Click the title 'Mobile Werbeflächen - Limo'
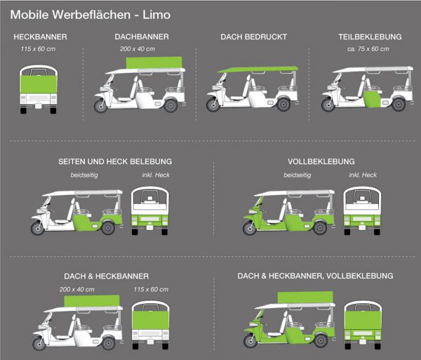point(91,15)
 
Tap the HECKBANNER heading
point(40,36)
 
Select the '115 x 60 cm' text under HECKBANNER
point(38,49)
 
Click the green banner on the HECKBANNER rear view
point(39,84)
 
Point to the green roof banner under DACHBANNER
point(154,62)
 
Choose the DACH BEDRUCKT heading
point(254,36)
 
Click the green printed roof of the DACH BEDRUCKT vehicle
point(258,69)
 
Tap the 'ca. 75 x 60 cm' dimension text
point(368,49)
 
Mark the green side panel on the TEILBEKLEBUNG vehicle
point(373,99)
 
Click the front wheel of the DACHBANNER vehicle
point(100,106)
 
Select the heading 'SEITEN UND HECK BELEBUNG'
point(115,161)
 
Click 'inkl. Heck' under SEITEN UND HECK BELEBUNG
point(156,175)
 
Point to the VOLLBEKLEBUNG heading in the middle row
point(321,161)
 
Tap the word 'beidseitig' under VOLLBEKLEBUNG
point(298,175)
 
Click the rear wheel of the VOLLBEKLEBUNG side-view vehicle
point(320,228)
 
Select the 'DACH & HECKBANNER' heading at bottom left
point(107,276)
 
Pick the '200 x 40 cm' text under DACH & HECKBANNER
point(77,289)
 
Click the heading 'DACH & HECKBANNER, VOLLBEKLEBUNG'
point(315,276)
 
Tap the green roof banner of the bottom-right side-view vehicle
point(305,298)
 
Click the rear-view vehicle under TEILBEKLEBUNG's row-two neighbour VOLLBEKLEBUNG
point(362,211)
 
